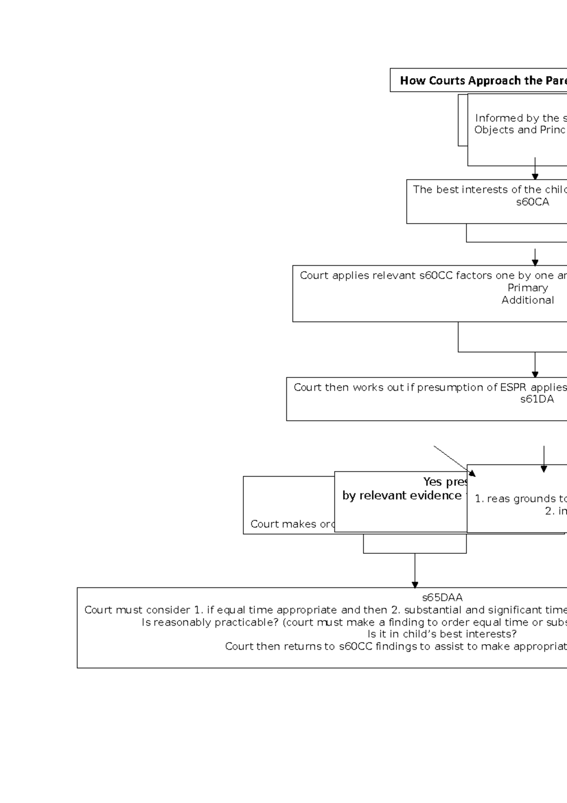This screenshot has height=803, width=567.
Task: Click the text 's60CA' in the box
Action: pyautogui.click(x=532, y=202)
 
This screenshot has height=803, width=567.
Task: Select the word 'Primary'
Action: pyautogui.click(x=527, y=288)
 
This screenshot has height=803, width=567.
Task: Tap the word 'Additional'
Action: pyautogui.click(x=527, y=300)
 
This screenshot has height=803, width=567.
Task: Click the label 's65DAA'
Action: pyautogui.click(x=442, y=598)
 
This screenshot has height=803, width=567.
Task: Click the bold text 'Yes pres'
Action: pyautogui.click(x=445, y=482)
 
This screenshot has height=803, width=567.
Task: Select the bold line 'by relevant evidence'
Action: pyautogui.click(x=402, y=496)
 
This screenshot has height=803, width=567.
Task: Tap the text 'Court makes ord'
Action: pyautogui.click(x=292, y=524)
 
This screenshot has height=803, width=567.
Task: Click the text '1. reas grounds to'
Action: pyautogui.click(x=520, y=499)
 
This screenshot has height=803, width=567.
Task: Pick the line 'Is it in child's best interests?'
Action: pyautogui.click(x=442, y=634)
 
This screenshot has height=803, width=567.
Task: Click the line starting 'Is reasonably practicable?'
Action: pyautogui.click(x=354, y=622)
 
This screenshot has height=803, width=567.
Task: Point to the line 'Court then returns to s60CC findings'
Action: pyautogui.click(x=395, y=646)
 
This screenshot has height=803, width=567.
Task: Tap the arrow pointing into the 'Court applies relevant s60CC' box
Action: pyautogui.click(x=535, y=258)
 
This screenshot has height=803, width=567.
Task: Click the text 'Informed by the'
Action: pyautogui.click(x=520, y=118)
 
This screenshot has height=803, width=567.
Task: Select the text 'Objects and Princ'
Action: pyautogui.click(x=520, y=130)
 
